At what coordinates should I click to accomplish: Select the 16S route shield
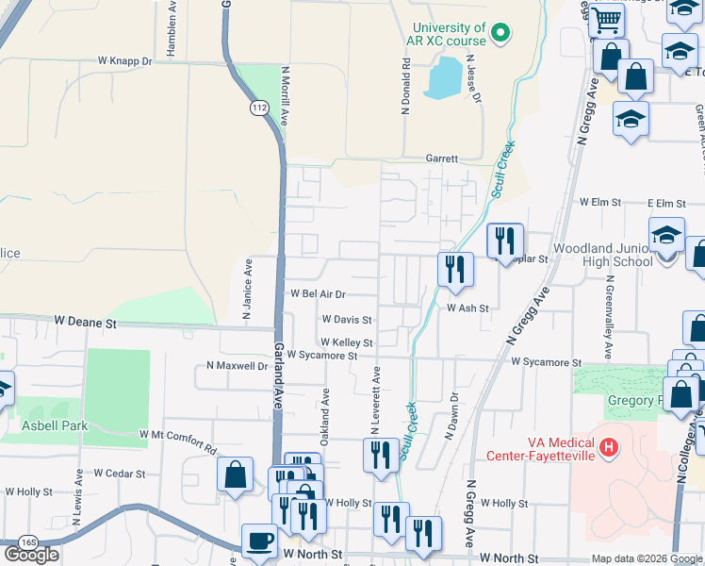(x=28, y=542)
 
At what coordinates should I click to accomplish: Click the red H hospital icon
(x=610, y=446)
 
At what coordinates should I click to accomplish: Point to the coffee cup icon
(x=259, y=541)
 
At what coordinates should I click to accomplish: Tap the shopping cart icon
(x=607, y=19)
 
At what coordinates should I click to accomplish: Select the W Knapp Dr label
(x=124, y=61)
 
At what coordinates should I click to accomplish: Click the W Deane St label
(x=85, y=323)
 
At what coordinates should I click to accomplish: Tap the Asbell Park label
(x=55, y=425)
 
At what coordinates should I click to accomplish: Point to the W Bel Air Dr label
(x=318, y=294)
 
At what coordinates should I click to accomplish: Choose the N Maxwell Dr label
(x=238, y=365)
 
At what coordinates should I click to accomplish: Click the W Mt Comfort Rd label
(x=177, y=434)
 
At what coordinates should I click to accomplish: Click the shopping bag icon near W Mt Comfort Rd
(x=235, y=474)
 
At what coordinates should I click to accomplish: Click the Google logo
(x=31, y=555)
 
